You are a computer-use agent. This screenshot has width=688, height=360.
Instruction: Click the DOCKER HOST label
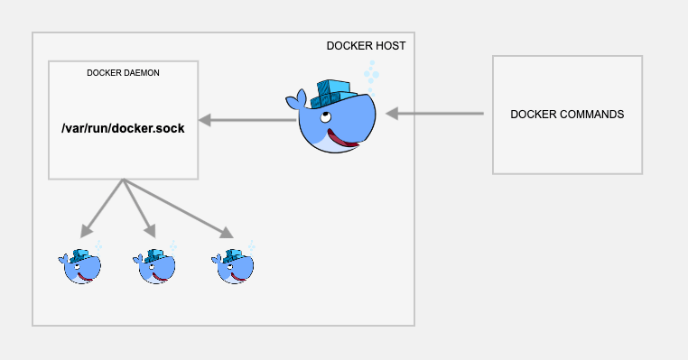[365, 46]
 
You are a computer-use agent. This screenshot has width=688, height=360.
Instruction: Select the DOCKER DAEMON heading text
[123, 72]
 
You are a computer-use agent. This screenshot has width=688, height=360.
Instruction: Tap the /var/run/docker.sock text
[123, 128]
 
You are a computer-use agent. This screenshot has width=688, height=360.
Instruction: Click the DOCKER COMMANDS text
[567, 115]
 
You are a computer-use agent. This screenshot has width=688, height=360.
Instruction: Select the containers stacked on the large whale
[333, 91]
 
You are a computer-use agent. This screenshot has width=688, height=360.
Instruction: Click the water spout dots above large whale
[371, 72]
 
